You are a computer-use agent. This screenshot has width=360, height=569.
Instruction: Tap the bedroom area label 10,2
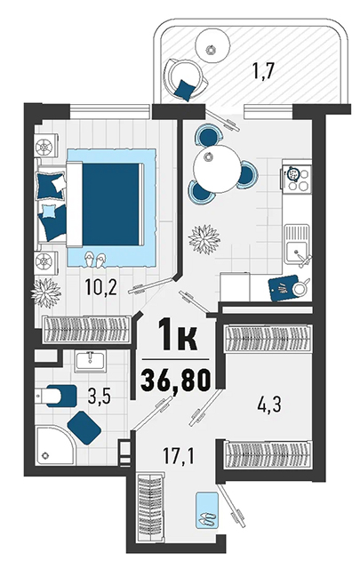tap(100, 287)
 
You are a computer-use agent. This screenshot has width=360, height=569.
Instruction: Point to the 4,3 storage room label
tap(269, 404)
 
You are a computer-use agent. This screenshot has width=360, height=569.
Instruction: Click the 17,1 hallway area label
tap(178, 456)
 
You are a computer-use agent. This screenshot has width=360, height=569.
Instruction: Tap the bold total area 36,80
tap(176, 381)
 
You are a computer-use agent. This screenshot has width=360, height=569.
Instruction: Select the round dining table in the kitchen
tap(217, 169)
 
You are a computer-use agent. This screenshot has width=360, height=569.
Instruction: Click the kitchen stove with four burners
tap(297, 179)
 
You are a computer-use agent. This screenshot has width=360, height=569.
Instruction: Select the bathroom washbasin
tap(91, 361)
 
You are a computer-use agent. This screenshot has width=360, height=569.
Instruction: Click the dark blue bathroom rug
tap(84, 428)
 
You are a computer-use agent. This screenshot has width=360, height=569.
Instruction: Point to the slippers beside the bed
tap(95, 260)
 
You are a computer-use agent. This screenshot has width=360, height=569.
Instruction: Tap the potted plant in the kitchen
tap(204, 239)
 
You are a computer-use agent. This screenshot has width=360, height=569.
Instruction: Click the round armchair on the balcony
tap(187, 77)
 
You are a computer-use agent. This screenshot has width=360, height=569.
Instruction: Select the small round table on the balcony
tap(212, 45)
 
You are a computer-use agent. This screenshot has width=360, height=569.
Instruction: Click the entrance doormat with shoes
tap(207, 509)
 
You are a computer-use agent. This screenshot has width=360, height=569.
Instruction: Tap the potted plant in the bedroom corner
tap(46, 293)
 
